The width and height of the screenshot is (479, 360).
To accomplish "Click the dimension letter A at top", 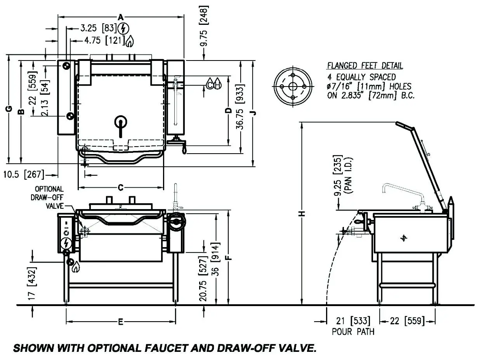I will pyautogui.click(x=121, y=17).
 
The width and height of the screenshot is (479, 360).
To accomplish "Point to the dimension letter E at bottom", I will pyautogui.click(x=120, y=322).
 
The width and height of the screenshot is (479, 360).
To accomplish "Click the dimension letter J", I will pyautogui.click(x=253, y=113).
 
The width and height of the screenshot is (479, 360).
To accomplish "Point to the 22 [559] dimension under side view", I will pyautogui.click(x=408, y=321).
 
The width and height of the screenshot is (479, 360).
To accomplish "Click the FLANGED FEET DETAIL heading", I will pyautogui.click(x=365, y=66).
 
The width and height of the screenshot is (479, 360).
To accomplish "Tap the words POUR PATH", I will pyautogui.click(x=353, y=332).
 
